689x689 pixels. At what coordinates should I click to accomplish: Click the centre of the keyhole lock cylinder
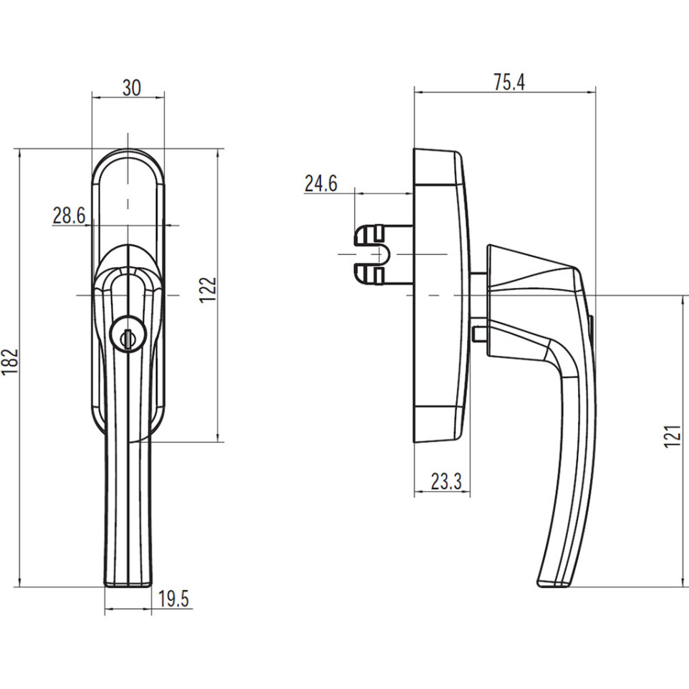(127, 335)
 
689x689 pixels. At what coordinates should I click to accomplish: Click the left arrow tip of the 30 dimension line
(92, 97)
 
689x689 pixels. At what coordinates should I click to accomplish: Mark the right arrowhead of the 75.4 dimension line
(595, 92)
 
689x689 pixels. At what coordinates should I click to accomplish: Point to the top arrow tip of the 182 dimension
(20, 150)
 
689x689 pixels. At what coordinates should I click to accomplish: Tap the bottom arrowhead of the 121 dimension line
(683, 586)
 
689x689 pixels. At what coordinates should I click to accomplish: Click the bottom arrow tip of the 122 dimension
(218, 442)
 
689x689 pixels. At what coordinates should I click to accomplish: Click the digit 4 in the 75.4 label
(519, 82)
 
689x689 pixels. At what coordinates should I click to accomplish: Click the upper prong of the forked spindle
(370, 234)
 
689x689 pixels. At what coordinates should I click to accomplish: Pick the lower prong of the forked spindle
(370, 274)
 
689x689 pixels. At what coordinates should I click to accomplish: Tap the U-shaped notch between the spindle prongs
(379, 254)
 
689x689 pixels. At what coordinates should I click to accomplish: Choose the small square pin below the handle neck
(479, 333)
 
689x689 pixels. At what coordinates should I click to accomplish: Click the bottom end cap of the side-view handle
(553, 583)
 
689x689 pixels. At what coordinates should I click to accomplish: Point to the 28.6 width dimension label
(69, 216)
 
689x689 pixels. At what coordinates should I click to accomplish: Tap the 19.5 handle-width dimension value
(173, 599)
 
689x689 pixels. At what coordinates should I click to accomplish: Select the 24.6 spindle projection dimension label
(321, 183)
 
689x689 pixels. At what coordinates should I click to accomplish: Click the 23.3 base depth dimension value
(446, 481)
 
